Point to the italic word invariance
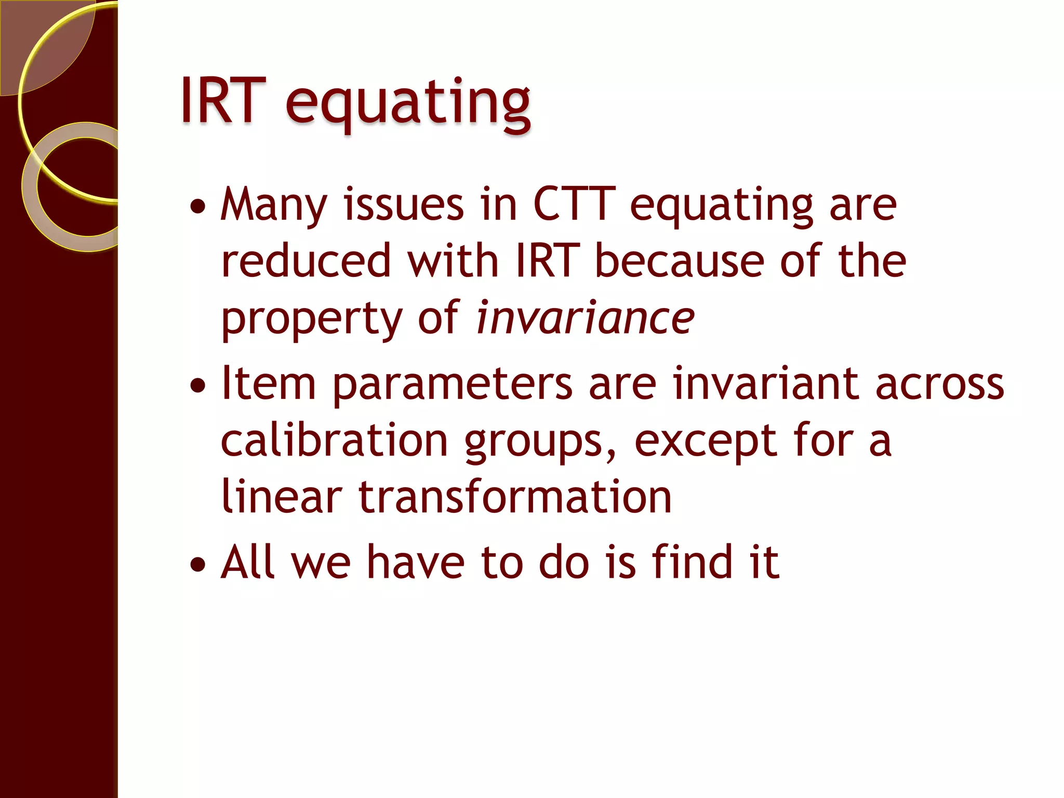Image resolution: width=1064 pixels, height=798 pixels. click(585, 317)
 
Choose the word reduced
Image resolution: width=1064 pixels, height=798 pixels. click(305, 261)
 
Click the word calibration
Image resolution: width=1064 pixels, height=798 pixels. click(334, 441)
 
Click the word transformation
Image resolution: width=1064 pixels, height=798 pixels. click(515, 497)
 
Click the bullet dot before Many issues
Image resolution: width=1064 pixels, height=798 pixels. click(198, 207)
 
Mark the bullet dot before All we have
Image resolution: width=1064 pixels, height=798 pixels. click(198, 564)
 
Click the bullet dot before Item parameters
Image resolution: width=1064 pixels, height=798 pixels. click(198, 385)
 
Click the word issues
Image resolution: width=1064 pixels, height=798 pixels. click(403, 205)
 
